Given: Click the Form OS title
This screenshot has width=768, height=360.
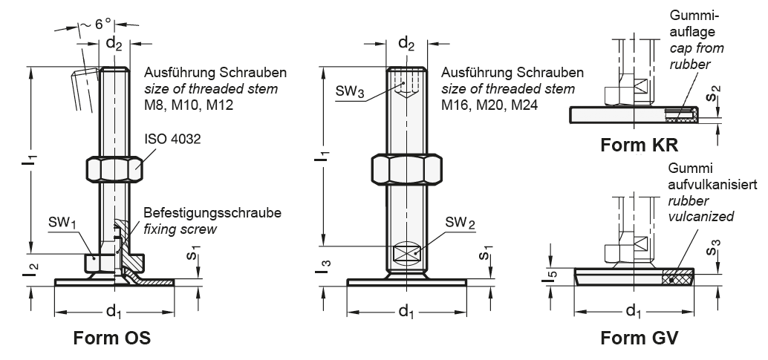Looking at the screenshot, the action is [111, 338].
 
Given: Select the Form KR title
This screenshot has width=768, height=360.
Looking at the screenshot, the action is [640, 145].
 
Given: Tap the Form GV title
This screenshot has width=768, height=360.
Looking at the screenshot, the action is [640, 338].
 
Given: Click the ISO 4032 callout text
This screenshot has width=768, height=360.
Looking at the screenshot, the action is [172, 139].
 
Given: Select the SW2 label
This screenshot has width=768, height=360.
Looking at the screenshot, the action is [460, 223].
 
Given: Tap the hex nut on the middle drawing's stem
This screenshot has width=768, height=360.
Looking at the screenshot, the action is [406, 169].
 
